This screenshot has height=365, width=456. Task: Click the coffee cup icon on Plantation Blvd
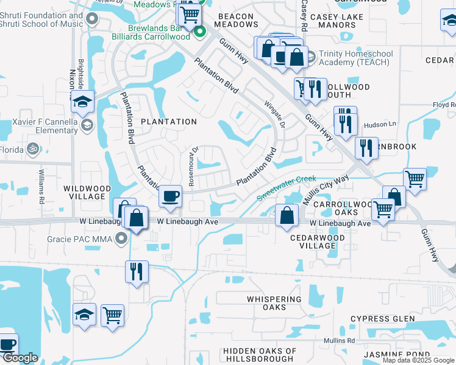(x=170, y=196)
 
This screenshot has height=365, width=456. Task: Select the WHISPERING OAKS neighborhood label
(x=274, y=303)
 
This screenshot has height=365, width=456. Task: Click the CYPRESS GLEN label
(x=383, y=319)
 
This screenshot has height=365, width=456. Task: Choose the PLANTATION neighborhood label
(x=169, y=122)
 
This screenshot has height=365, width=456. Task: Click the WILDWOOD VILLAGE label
(x=85, y=193)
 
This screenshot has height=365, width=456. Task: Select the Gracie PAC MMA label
(x=80, y=239)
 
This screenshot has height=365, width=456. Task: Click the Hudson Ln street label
(x=380, y=125)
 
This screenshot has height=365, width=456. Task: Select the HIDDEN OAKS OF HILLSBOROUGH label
(x=260, y=355)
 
